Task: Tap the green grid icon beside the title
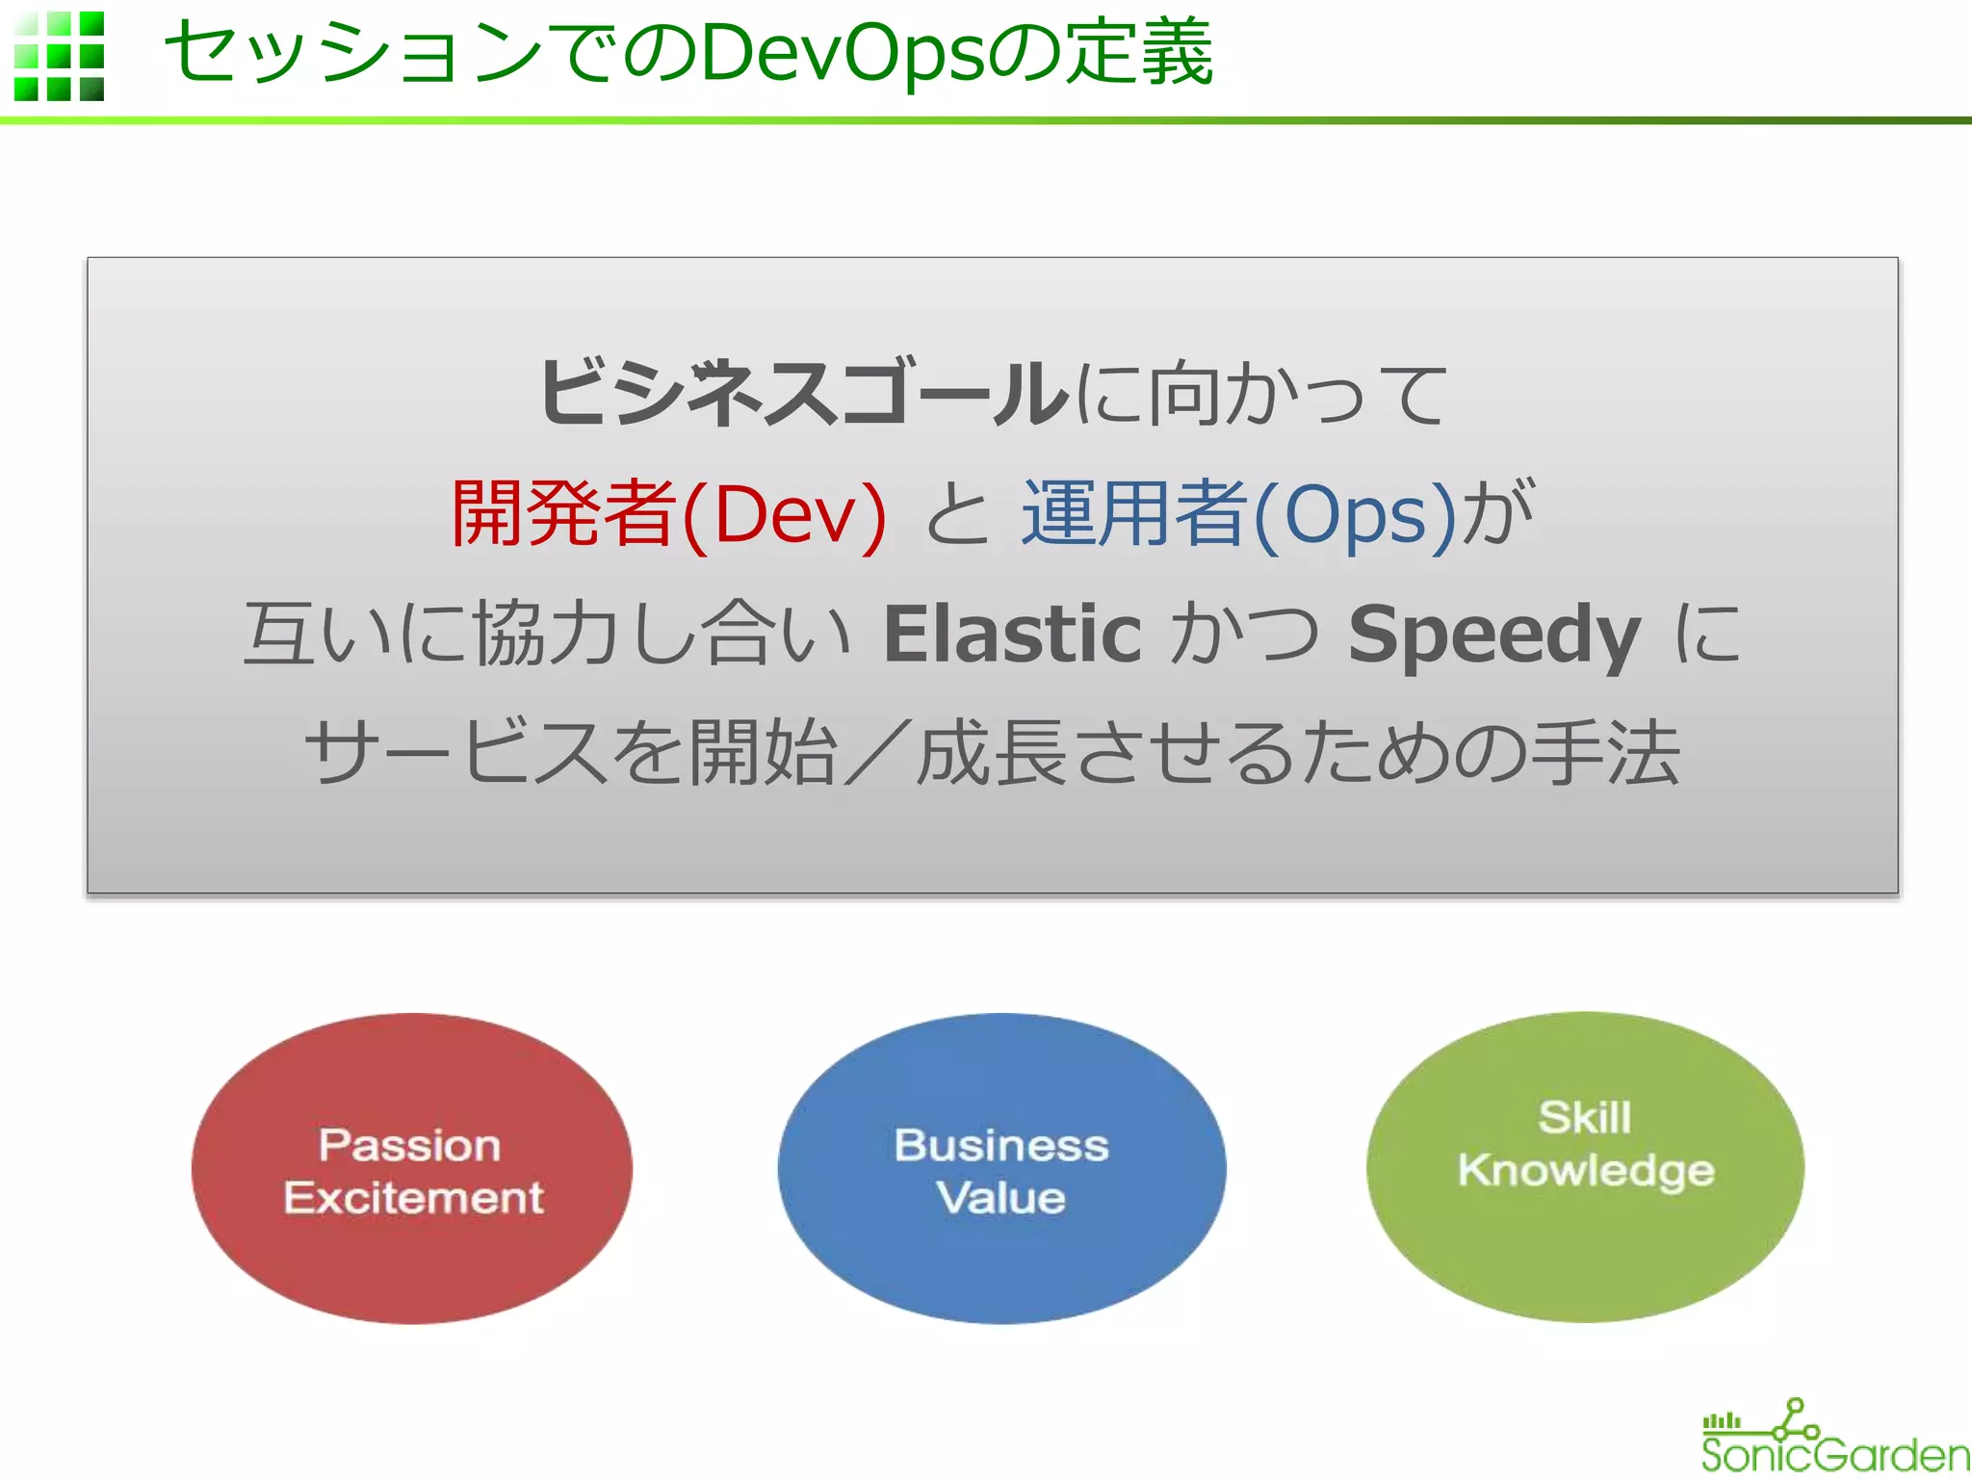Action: click(60, 56)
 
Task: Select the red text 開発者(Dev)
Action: click(668, 513)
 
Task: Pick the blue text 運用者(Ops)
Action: click(1239, 513)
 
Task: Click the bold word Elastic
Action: click(1012, 634)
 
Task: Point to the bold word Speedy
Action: click(1493, 634)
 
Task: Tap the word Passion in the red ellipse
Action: click(410, 1145)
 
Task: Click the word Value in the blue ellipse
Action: click(1001, 1198)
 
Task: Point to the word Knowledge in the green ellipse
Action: click(1586, 1170)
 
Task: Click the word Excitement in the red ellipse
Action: click(414, 1198)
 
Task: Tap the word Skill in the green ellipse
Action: click(1585, 1117)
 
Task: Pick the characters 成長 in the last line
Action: click(991, 752)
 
